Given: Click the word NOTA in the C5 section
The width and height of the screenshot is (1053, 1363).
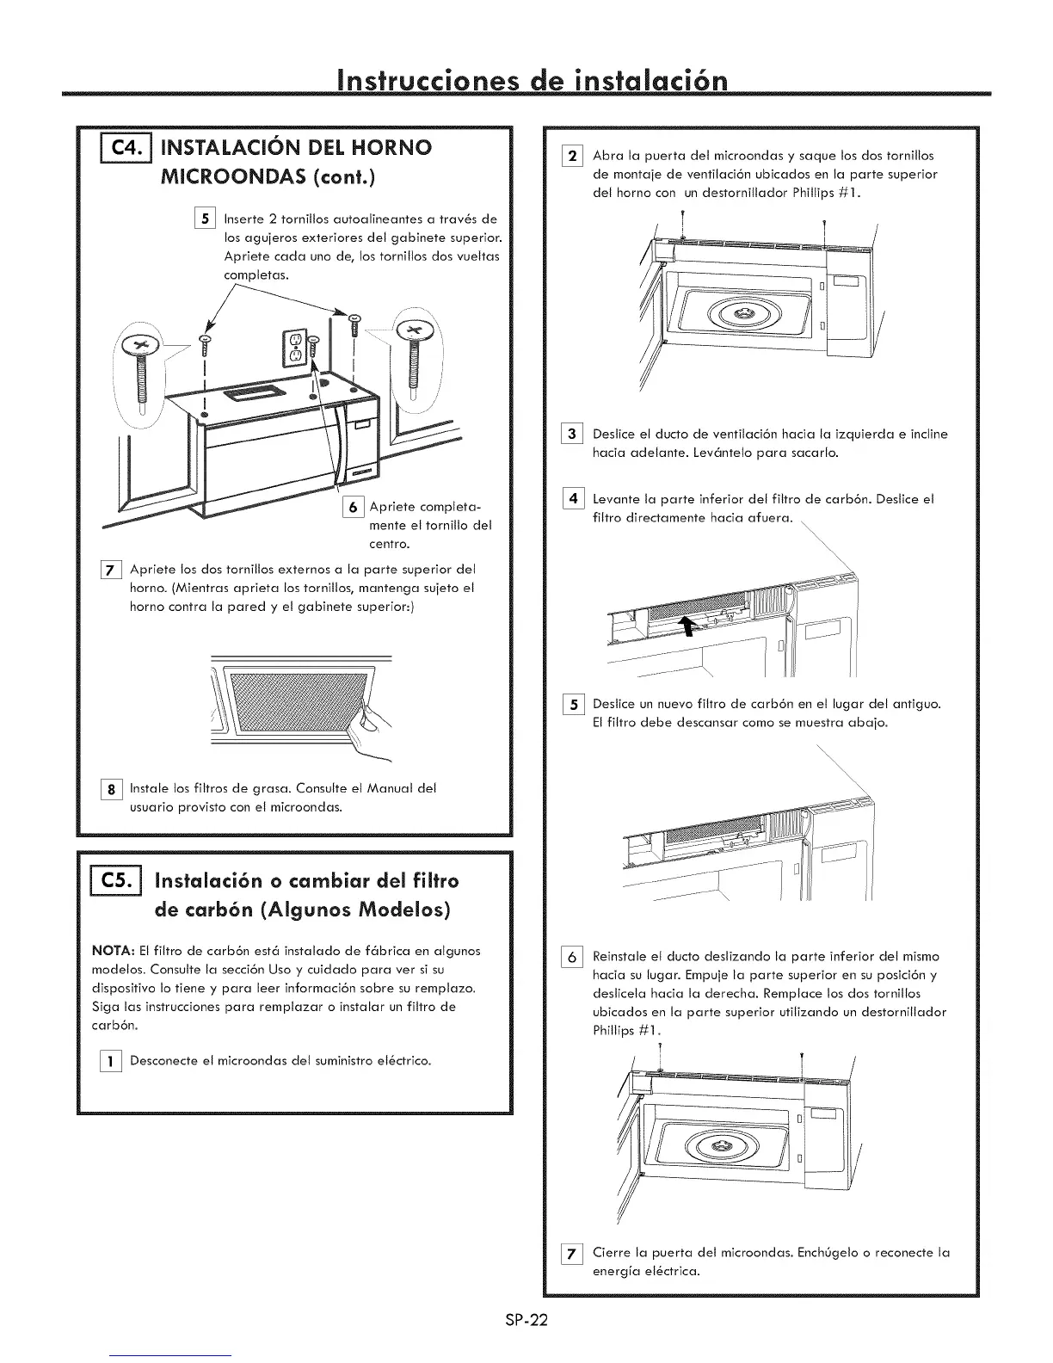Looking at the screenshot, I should point(110,951).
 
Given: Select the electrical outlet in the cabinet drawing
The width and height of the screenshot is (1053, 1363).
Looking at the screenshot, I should point(293,346).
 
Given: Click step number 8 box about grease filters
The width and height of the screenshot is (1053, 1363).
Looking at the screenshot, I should point(111,788).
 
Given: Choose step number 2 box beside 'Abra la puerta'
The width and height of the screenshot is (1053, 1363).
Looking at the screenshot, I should point(573,157).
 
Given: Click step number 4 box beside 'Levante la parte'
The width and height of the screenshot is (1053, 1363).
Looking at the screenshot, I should point(573,499).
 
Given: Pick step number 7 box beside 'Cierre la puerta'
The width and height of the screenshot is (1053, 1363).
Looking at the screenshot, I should point(573,1253).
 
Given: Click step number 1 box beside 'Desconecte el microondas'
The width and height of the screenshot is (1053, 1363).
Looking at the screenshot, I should point(111,1061).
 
